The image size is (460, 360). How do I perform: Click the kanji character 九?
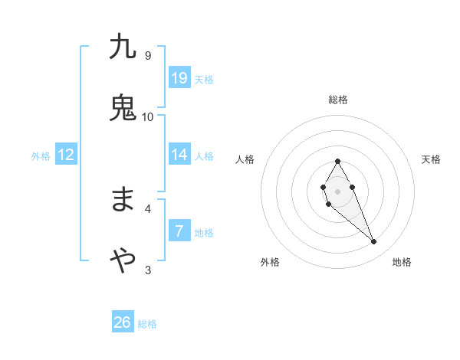pos(123,47)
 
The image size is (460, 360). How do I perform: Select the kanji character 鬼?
pos(123,107)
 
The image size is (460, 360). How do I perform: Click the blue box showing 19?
pos(179,77)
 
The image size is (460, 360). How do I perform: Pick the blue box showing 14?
pos(179,155)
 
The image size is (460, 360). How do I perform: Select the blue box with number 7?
pos(179,231)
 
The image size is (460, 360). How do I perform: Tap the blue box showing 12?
pos(66,155)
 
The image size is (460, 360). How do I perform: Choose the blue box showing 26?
pos(123,322)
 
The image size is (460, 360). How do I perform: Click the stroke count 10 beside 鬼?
pos(148,116)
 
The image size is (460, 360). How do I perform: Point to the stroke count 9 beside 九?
pos(148,56)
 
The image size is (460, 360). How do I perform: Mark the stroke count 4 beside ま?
pos(148,208)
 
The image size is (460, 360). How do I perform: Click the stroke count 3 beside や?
pos(148,270)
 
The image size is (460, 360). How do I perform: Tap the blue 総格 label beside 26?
pos(147,324)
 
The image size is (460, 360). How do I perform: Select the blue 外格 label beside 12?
pos(41,156)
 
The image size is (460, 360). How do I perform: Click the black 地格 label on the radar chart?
pos(402,262)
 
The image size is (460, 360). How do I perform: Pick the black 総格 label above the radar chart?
pos(338,100)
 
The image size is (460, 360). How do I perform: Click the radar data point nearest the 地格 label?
pos(373,242)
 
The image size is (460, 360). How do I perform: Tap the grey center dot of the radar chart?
pos(337,191)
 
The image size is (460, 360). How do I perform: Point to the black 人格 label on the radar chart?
pos(245,159)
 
